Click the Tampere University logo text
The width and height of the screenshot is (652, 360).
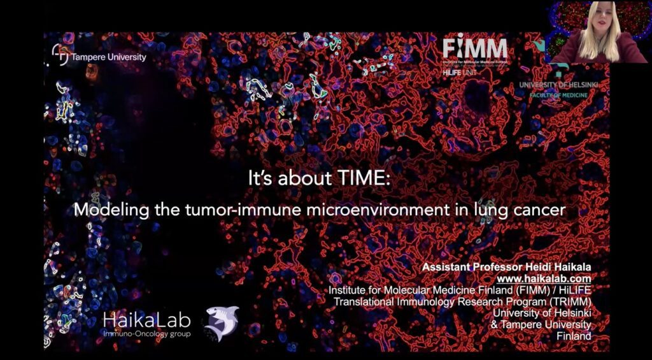[x=108, y=57]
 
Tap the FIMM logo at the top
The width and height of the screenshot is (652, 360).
[x=475, y=48]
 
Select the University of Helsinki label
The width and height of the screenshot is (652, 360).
[x=563, y=85]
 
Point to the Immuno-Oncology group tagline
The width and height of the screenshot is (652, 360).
[x=146, y=334]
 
